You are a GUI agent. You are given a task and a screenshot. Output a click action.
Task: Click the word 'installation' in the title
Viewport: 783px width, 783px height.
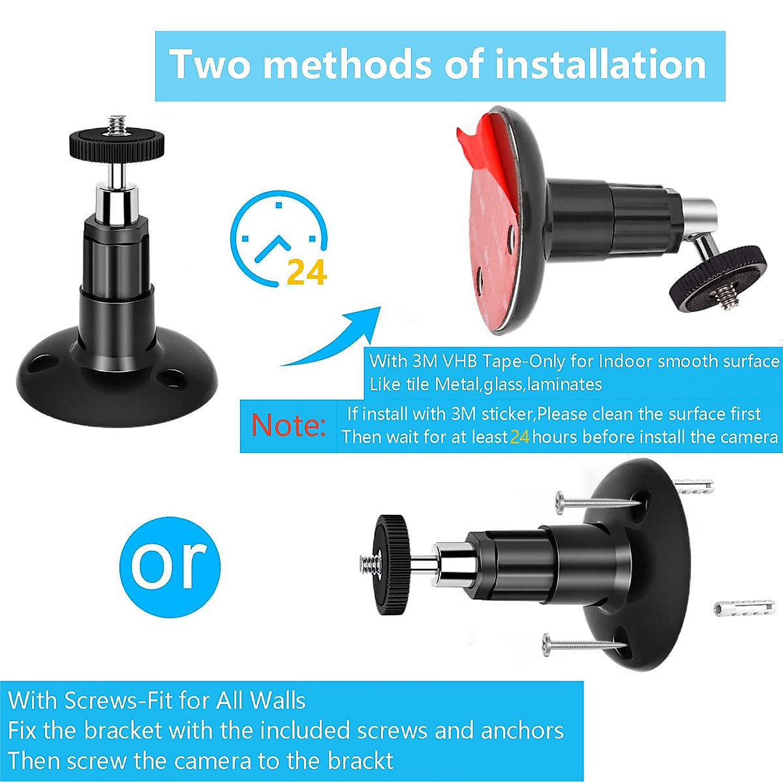[x=600, y=65]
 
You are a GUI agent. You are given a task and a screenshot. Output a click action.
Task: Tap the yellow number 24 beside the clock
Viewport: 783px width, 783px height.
[x=306, y=272]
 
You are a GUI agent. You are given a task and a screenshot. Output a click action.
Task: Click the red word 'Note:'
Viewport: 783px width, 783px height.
[x=288, y=425]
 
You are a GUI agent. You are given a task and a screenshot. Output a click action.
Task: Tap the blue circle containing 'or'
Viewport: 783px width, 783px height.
[x=170, y=565]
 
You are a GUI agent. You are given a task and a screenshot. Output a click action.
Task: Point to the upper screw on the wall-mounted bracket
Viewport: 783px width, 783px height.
[x=597, y=502]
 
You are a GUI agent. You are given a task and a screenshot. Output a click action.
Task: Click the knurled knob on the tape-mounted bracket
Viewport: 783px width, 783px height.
[x=718, y=277]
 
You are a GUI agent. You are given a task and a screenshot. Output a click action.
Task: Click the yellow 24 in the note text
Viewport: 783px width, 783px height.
[x=519, y=437]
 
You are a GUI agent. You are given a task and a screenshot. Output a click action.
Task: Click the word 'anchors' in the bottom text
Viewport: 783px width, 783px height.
[x=522, y=731]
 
